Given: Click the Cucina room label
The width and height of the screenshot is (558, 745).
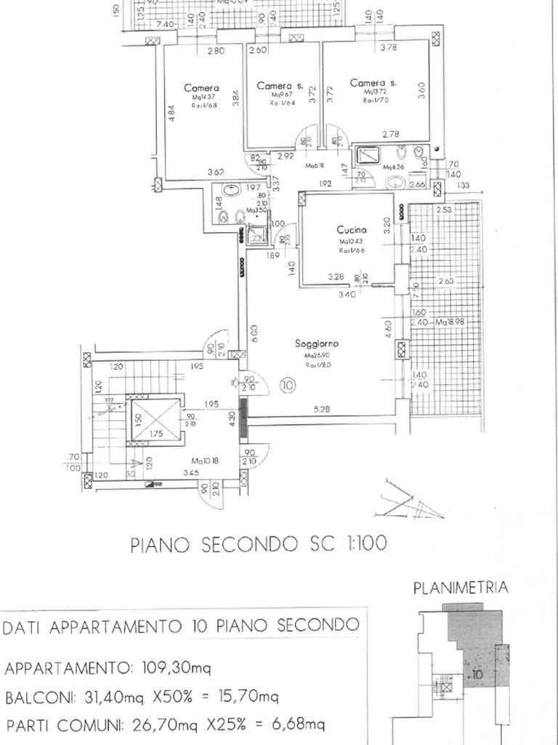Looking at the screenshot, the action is [x=349, y=229].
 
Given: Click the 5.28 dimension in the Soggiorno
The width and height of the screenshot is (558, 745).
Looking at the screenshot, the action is [x=322, y=410].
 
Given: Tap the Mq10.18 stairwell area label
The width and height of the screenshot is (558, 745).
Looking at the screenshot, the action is [x=206, y=461].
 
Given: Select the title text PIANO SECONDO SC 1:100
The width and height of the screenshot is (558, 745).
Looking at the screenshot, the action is [x=258, y=544].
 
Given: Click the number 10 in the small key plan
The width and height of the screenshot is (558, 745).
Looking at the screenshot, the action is [x=477, y=674].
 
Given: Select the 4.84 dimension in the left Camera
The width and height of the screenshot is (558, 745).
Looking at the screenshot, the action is [x=171, y=114].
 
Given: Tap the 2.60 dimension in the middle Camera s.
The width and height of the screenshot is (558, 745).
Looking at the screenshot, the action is [x=257, y=51].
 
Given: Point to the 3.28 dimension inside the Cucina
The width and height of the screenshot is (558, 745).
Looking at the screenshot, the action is [x=336, y=276].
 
